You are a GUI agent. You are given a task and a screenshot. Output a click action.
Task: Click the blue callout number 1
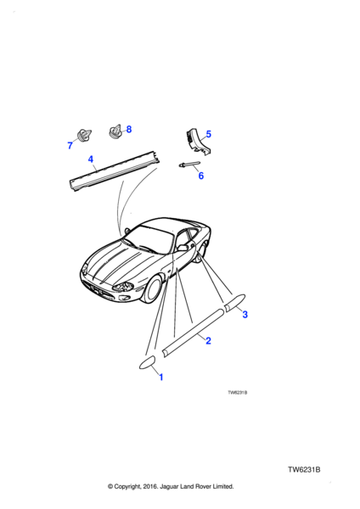pos(160,378)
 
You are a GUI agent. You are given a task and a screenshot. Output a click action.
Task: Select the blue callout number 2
pos(208,340)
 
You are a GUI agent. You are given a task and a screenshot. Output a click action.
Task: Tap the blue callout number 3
pos(245,314)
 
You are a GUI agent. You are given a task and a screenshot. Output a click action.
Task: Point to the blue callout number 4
pos(91,159)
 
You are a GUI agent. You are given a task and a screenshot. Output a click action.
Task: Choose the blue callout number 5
pos(209,134)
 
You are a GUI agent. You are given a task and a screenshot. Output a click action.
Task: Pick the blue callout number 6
pos(200,176)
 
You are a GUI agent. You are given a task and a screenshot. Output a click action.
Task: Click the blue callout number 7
pos(70,145)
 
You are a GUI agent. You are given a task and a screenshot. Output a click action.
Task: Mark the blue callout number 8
pos(129,129)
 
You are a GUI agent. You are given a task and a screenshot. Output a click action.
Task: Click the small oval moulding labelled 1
pos(148,362)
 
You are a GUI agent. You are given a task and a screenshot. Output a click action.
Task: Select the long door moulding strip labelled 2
pos(193,333)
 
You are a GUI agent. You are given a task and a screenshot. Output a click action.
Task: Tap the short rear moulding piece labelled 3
pos(234,303)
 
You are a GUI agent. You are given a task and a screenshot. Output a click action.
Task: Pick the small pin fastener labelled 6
pos(189,165)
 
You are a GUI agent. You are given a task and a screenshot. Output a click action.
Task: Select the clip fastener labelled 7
pos(83,136)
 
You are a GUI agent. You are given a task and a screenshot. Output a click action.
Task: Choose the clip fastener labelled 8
pos(115,131)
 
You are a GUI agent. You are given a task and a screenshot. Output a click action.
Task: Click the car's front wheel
pos(153,289)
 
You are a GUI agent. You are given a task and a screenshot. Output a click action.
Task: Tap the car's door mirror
pos(182,248)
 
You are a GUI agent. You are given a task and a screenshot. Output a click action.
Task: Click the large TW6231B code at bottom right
pos(304,470)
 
